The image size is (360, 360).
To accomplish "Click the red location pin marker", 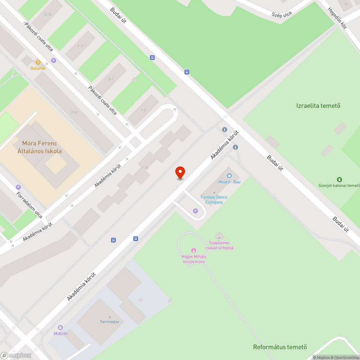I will pyautogui.click(x=180, y=172).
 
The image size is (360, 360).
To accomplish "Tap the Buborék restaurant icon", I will pyautogui.click(x=38, y=62).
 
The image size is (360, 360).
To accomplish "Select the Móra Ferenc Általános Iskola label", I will pyautogui.click(x=40, y=147).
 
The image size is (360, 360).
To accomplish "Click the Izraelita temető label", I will pyautogui.click(x=318, y=105).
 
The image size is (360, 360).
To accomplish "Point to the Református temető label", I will pyautogui.click(x=280, y=347).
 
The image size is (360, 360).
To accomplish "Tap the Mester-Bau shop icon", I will pyautogui.click(x=229, y=175).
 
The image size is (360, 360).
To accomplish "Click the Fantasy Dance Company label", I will pyautogui.click(x=214, y=199).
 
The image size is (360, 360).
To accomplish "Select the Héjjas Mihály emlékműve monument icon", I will pyautogui.click(x=193, y=251).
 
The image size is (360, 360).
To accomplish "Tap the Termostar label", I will pyautogui.click(x=109, y=321).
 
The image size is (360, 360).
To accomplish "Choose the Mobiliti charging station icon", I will pyautogui.click(x=60, y=328).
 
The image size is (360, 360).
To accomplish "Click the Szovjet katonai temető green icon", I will pyautogui.click(x=339, y=179).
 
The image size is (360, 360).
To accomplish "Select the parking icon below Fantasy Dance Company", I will pyautogui.click(x=195, y=211).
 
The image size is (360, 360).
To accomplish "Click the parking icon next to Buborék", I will pyautogui.click(x=54, y=60).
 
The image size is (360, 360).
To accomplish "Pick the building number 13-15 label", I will pyautogui.click(x=47, y=14).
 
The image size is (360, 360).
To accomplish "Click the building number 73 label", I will pyautogui.click(x=346, y=4).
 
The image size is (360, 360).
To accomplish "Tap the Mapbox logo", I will pyautogui.click(x=16, y=355).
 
